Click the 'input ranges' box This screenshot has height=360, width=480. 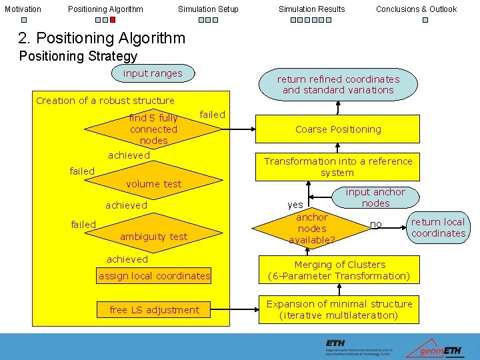(153, 74)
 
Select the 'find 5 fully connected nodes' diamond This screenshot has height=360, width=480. (154, 129)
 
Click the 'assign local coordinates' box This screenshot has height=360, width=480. (154, 276)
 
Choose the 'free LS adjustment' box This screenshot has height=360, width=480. (154, 310)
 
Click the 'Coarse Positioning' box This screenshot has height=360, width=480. (337, 129)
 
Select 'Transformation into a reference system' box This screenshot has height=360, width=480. (337, 167)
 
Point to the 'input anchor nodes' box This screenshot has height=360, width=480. (375, 198)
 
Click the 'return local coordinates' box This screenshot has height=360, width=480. (438, 227)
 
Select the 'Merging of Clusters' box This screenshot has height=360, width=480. (339, 270)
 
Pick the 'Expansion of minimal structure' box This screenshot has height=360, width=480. (339, 309)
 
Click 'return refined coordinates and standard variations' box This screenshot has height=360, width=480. (338, 85)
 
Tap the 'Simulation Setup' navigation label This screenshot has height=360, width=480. (208, 9)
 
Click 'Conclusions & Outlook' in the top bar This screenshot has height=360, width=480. (416, 9)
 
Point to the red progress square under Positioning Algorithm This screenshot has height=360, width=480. (113, 20)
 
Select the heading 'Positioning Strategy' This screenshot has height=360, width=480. (78, 57)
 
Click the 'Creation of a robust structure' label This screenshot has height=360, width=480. (105, 101)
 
